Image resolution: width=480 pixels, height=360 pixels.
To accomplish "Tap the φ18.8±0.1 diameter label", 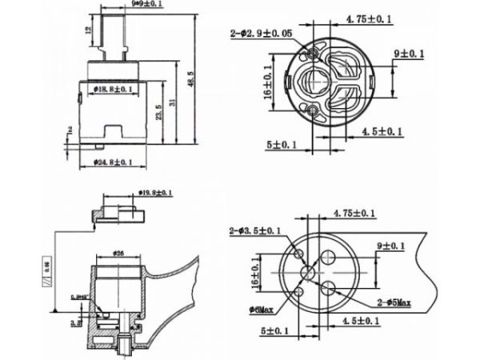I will click(110, 89).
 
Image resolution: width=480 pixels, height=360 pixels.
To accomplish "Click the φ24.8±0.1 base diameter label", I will click(111, 162).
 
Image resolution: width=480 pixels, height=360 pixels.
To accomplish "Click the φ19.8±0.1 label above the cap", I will click(154, 193).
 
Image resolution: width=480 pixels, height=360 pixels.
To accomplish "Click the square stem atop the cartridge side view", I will click(114, 36).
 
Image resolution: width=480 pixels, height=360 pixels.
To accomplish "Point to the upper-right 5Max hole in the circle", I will click(328, 258).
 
